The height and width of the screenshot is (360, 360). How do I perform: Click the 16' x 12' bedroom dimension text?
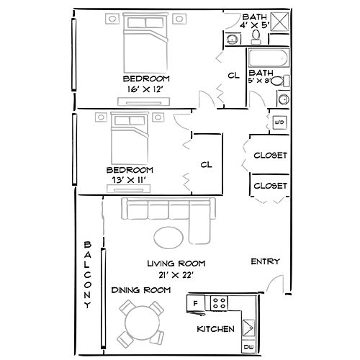pos(146,89)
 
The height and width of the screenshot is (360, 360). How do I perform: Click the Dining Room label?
pos(140,289)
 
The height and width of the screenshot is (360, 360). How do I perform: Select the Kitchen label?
pos(216,329)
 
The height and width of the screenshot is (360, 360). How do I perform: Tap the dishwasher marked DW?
pos(248,348)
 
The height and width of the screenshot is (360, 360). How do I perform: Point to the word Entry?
pos(265,261)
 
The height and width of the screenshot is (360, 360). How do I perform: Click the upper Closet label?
pos(271,155)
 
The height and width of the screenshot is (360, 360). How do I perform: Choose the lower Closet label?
pos(271,185)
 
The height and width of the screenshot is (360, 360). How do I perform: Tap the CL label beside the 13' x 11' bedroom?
pos(206,165)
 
